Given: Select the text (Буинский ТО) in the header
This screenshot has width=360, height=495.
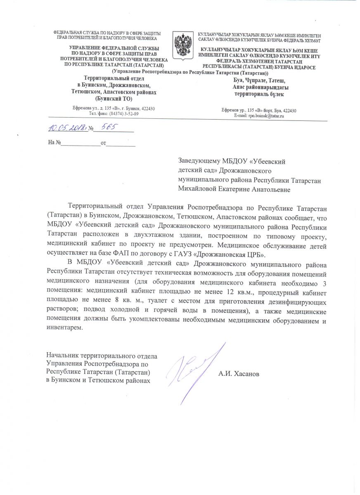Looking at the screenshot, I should (114, 99).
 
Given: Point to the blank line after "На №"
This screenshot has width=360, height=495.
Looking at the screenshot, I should (81, 143).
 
